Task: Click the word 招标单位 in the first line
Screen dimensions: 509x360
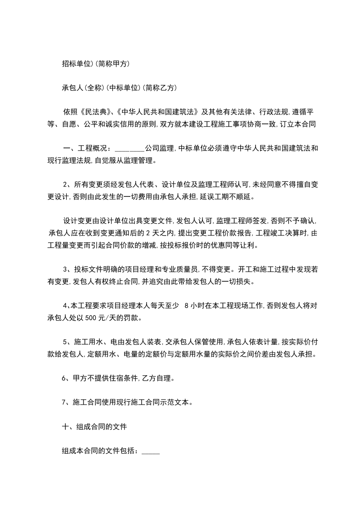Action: point(77,64)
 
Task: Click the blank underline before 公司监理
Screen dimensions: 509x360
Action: point(129,148)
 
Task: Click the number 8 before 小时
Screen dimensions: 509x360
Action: point(187,306)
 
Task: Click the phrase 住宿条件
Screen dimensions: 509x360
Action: point(123,378)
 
